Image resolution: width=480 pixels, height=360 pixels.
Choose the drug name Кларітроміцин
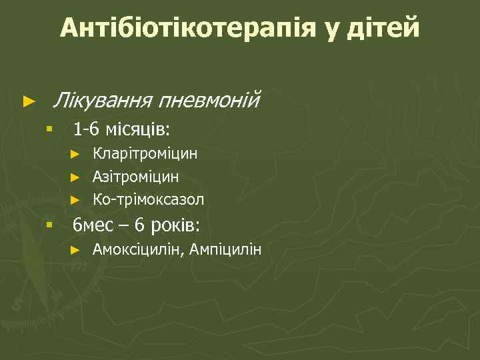145,154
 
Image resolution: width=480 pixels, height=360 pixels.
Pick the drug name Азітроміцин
135,177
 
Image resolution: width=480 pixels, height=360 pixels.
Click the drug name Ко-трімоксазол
148,199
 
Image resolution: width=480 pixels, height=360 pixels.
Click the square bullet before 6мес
49,225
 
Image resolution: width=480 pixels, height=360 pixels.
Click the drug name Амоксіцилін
139,250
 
